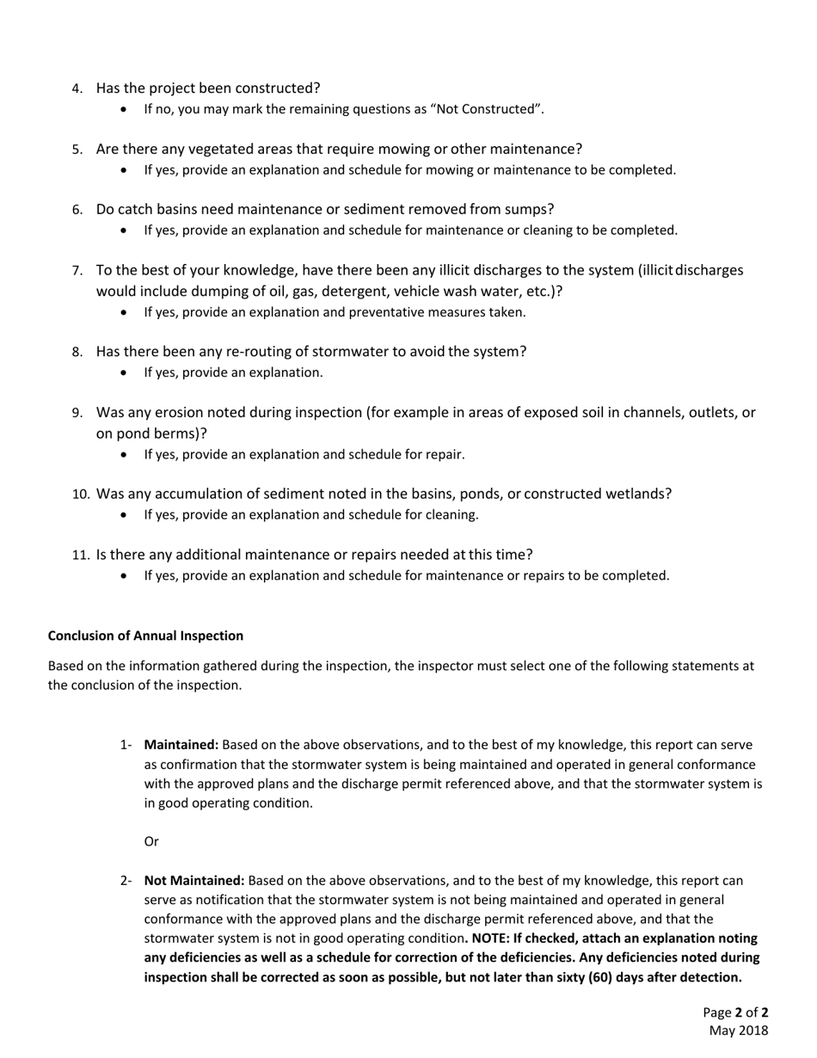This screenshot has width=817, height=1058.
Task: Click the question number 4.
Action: [x=77, y=89]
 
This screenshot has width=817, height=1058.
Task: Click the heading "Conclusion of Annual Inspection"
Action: [x=145, y=636]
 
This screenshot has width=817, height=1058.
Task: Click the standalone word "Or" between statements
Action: [x=151, y=841]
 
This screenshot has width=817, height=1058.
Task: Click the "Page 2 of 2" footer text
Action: [x=735, y=1012]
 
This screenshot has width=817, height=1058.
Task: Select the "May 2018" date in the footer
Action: [x=738, y=1030]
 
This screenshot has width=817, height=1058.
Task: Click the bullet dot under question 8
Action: [x=126, y=373]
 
